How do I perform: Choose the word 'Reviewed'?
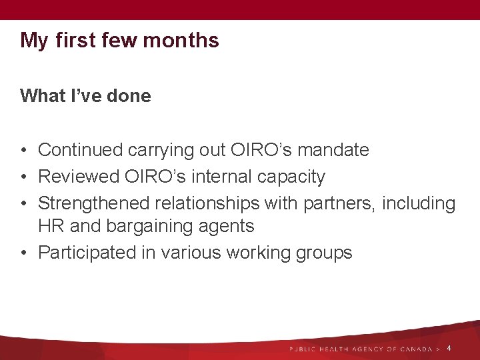(x=81, y=177)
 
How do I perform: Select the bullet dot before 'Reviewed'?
(x=24, y=177)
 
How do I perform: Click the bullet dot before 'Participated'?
(x=24, y=253)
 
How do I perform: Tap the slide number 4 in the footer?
(x=449, y=349)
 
